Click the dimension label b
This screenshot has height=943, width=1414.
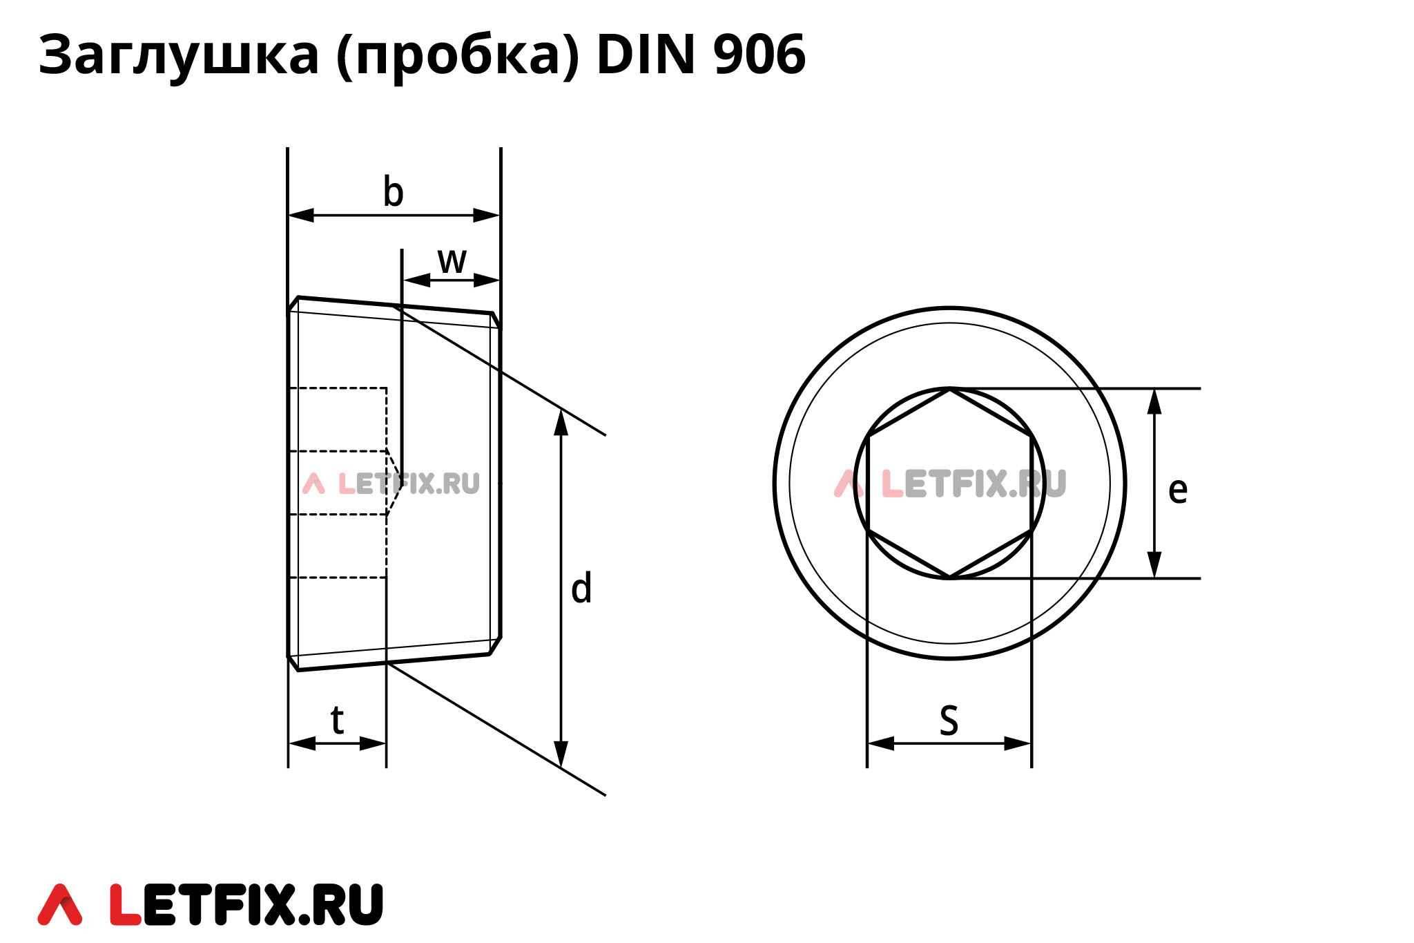393,193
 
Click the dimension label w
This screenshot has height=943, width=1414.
452,261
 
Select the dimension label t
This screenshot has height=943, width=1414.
337,721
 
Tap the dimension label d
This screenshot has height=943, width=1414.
581,589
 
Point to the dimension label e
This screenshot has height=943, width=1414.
1177,490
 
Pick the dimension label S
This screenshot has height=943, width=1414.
949,721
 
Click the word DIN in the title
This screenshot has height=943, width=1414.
646,55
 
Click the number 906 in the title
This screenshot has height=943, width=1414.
759,55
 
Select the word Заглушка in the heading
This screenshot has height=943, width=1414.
178,56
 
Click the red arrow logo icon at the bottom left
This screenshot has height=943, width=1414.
60,904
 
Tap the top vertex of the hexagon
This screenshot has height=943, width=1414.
950,389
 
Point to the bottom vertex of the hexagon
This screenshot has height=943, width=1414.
950,578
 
